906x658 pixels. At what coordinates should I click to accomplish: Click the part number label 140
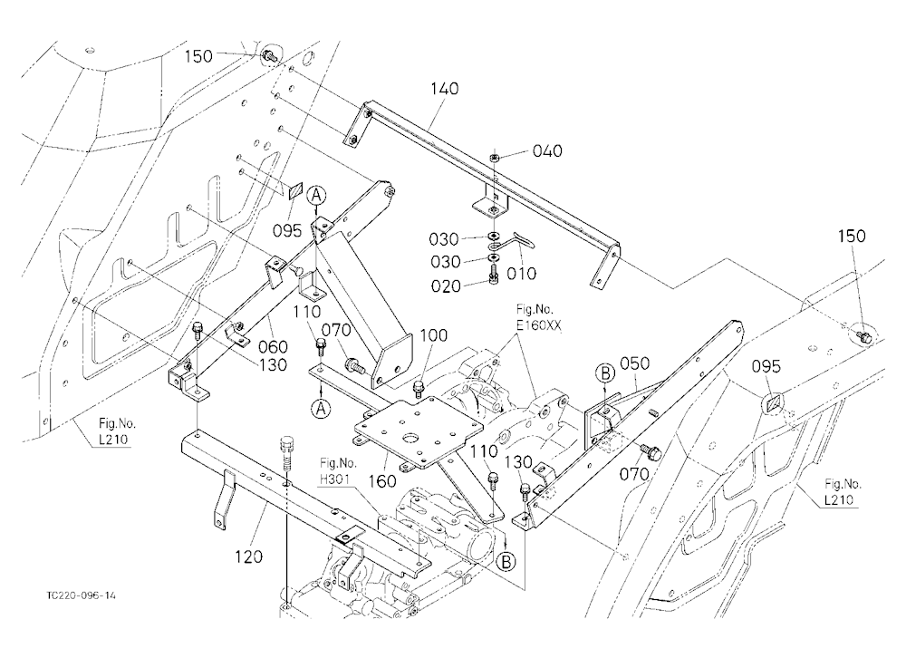pyautogui.click(x=445, y=89)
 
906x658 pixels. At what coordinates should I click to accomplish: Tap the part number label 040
pyautogui.click(x=547, y=151)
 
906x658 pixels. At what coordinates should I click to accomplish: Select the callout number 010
pyautogui.click(x=521, y=274)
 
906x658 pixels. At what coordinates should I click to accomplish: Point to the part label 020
pyautogui.click(x=447, y=286)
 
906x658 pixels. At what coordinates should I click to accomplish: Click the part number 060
pyautogui.click(x=273, y=346)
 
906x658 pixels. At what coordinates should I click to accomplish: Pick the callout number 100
pyautogui.click(x=433, y=335)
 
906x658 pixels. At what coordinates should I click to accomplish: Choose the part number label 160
pyautogui.click(x=382, y=481)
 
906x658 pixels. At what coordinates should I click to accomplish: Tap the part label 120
pyautogui.click(x=248, y=556)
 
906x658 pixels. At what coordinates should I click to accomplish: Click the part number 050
pyautogui.click(x=634, y=363)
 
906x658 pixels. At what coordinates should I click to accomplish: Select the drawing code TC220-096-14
pyautogui.click(x=82, y=595)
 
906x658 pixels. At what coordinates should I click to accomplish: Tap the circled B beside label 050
pyautogui.click(x=605, y=373)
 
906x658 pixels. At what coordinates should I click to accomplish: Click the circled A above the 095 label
pyautogui.click(x=315, y=197)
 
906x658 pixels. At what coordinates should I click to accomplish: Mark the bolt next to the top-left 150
pyautogui.click(x=270, y=56)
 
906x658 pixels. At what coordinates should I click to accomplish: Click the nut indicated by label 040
pyautogui.click(x=494, y=158)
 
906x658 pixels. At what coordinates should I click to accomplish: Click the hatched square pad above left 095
pyautogui.click(x=296, y=190)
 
